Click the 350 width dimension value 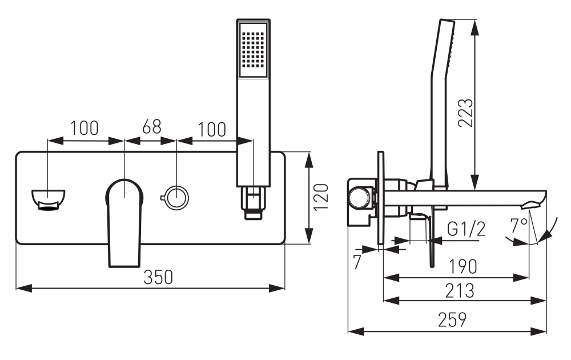(x=158, y=277)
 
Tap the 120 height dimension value (x=321, y=197)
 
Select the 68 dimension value (x=152, y=127)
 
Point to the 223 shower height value (x=466, y=113)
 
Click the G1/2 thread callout (x=466, y=229)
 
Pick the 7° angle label (x=518, y=226)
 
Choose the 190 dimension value (x=463, y=267)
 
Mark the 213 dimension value (x=460, y=291)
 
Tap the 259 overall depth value (x=452, y=319)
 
